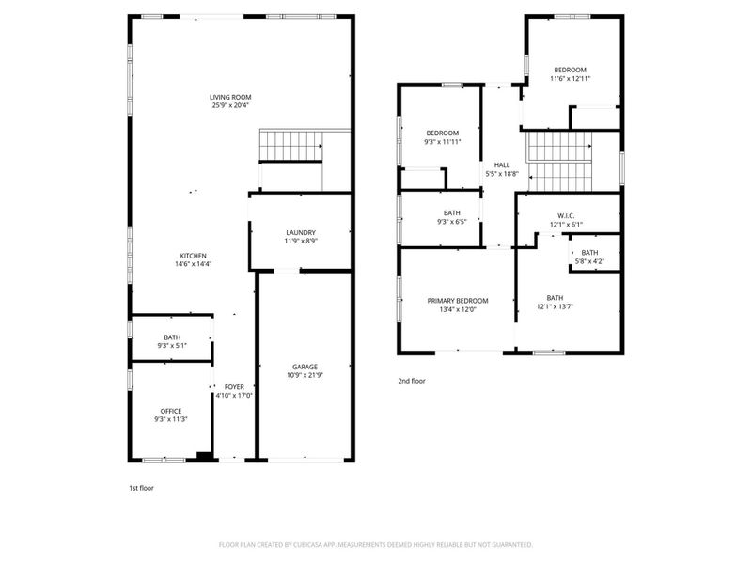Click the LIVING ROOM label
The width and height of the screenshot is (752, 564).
(x=230, y=97)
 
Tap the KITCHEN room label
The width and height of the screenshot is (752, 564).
(x=194, y=256)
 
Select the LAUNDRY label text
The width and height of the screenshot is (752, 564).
(x=301, y=232)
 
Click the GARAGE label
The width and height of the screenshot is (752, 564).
(x=304, y=367)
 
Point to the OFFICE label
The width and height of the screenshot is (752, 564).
(x=170, y=411)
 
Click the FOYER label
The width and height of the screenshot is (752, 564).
(x=234, y=386)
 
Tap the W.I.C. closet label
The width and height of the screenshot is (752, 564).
(x=567, y=216)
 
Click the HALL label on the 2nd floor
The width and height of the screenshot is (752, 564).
(x=502, y=164)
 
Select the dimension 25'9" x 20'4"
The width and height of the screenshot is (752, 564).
(x=230, y=105)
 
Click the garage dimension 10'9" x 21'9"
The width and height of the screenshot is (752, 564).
(x=304, y=375)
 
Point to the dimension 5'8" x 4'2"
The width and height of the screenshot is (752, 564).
(x=589, y=260)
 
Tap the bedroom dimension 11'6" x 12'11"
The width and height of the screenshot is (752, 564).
(x=571, y=78)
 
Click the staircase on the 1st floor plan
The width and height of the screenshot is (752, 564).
(x=290, y=146)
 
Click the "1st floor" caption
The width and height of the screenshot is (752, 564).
(x=141, y=489)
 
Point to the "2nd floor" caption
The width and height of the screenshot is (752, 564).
(x=411, y=381)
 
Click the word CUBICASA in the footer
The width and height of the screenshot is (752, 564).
(x=324, y=544)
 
